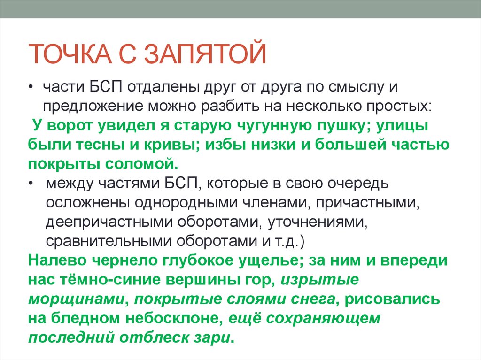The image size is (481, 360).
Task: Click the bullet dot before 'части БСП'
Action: pos(31,87)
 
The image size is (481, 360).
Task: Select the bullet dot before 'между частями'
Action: pos(31,184)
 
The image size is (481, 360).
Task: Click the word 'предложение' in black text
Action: pos(93,107)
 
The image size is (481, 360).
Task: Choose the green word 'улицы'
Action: pos(402,126)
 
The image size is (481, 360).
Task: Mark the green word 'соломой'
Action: pos(141,164)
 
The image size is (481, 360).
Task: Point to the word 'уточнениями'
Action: pos(318,222)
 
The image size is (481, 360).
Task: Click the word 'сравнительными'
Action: pos(109,241)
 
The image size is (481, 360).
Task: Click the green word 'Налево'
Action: pos(57,260)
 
